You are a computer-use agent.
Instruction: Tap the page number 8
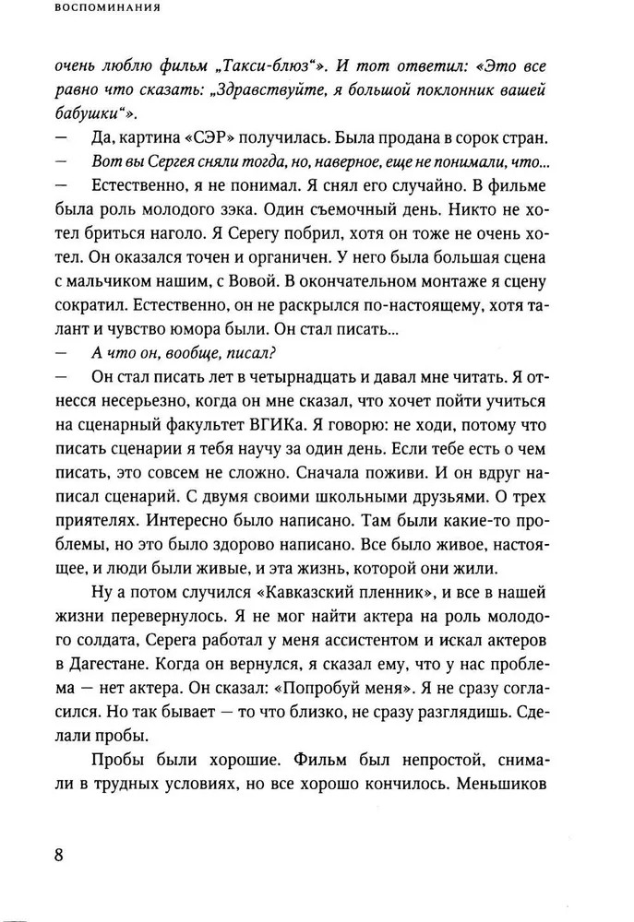[59, 852]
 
